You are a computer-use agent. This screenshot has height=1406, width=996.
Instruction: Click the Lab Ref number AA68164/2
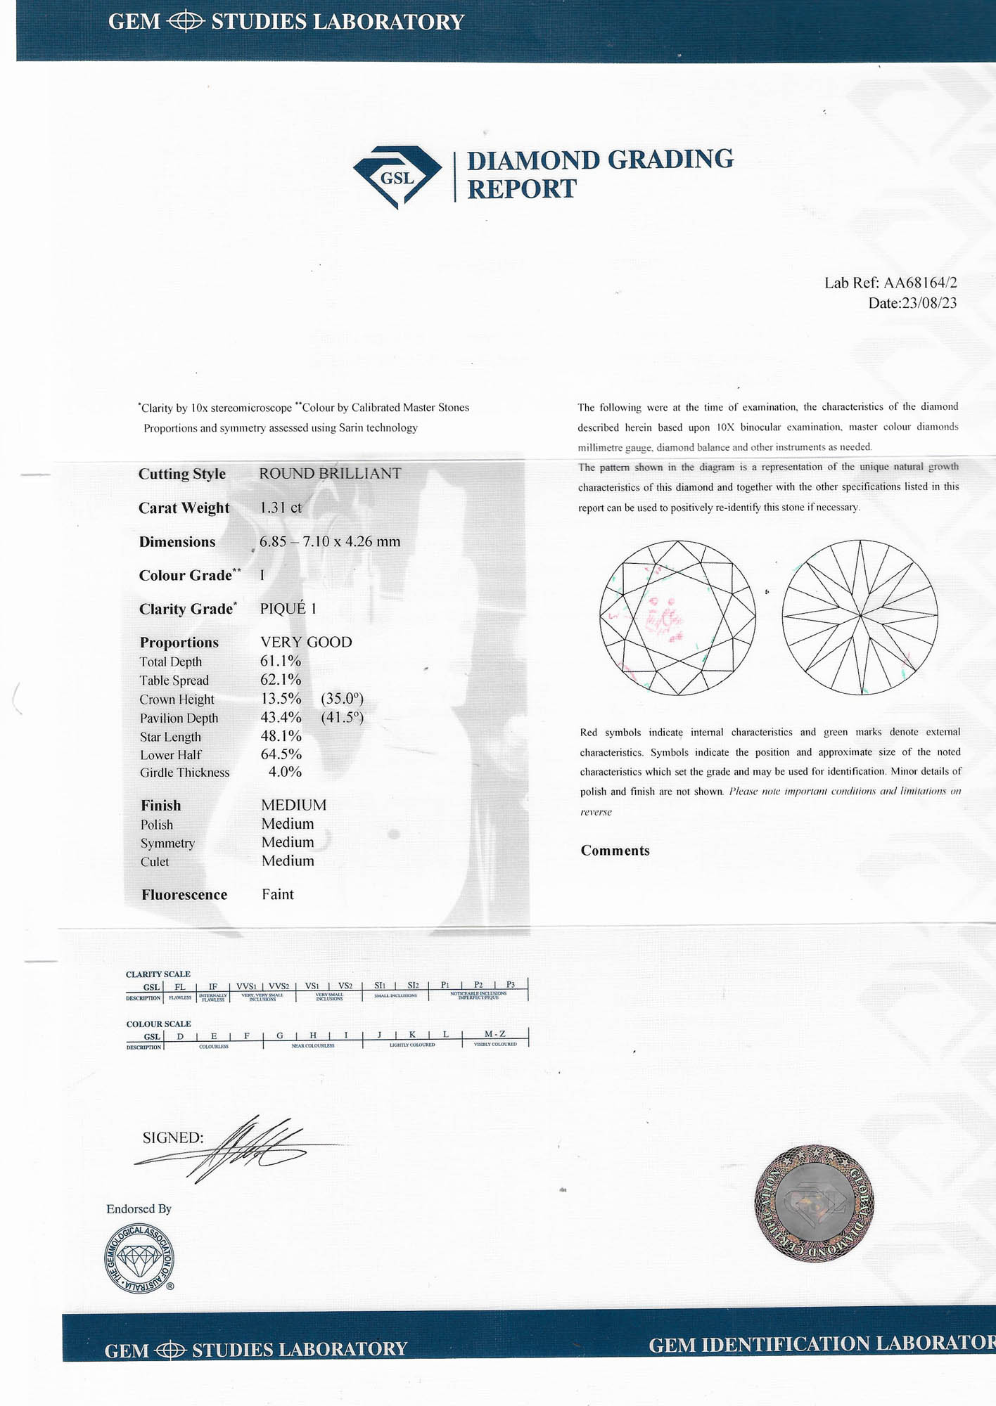(920, 283)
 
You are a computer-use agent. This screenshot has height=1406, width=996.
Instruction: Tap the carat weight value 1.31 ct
(281, 508)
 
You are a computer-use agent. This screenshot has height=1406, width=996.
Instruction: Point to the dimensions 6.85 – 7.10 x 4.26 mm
(330, 541)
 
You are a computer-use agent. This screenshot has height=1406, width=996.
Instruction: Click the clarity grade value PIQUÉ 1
(288, 609)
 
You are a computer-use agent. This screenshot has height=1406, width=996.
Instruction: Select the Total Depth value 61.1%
(281, 661)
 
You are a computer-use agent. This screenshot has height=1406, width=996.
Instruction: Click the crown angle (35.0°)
(342, 699)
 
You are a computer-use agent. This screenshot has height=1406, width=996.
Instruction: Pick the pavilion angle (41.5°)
(342, 717)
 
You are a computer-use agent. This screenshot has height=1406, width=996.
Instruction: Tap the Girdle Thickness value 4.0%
(285, 772)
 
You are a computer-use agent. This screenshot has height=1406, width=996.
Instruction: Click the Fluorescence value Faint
(278, 894)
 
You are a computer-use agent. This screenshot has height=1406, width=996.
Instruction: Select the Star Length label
(170, 737)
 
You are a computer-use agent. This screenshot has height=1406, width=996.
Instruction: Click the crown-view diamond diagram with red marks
(677, 618)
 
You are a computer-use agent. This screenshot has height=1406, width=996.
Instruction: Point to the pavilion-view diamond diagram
(860, 617)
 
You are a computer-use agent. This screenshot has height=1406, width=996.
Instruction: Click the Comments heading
(615, 851)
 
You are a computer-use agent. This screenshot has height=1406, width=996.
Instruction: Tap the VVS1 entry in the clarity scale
(246, 986)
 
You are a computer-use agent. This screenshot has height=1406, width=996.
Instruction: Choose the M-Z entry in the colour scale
(494, 1035)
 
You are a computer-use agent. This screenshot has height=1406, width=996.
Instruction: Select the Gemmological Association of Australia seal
(140, 1259)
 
